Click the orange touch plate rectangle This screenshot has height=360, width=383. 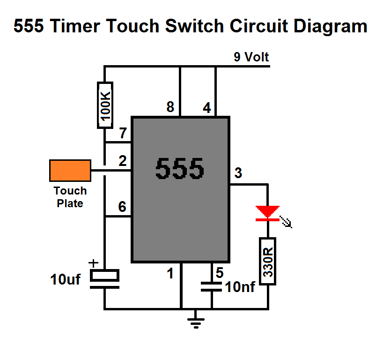pos(70,171)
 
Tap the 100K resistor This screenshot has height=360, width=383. pos(105,105)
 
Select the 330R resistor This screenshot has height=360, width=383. pos(268,261)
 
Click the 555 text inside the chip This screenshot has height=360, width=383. pos(179,168)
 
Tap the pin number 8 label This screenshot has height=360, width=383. pos(170,107)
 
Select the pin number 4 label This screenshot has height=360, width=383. pos(207,108)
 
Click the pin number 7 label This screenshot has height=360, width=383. pos(123,133)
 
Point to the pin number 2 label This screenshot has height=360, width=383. pos(123,161)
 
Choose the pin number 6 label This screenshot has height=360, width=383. pos(122,206)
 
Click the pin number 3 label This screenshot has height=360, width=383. pos(238,172)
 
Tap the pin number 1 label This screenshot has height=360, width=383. pos(170,273)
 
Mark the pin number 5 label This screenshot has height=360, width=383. pos(220,272)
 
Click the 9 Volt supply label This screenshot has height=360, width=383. pos(251,57)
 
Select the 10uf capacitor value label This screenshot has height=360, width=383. pos(65,279)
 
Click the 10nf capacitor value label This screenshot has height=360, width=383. pos(240,286)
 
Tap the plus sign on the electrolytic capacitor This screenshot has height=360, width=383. pos(93,263)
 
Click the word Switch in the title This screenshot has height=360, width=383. pos(194,26)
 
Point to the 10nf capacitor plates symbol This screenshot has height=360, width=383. pos(211,286)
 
